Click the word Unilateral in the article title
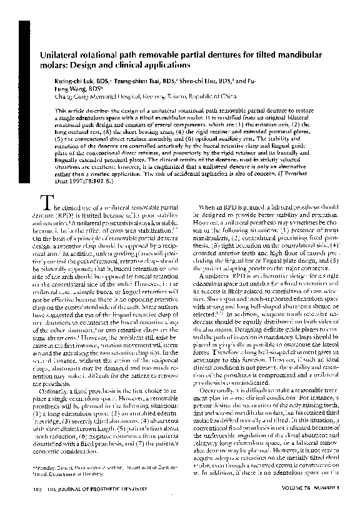coord(62,56)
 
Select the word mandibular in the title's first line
coord(299,56)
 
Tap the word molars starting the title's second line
coord(54,65)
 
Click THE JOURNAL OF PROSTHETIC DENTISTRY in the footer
coord(91,505)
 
